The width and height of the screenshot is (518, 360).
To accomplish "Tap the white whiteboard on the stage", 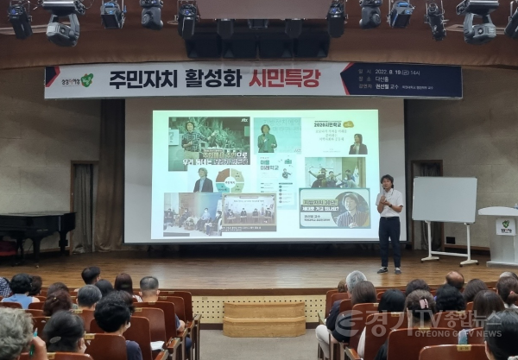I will [444, 199].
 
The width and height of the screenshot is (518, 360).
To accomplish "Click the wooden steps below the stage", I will [264, 319].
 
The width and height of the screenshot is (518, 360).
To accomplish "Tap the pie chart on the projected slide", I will [229, 180].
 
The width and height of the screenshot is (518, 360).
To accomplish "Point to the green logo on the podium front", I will [505, 227].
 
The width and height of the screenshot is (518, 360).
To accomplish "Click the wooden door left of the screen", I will [83, 207].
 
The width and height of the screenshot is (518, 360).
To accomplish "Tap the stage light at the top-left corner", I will [20, 17].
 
